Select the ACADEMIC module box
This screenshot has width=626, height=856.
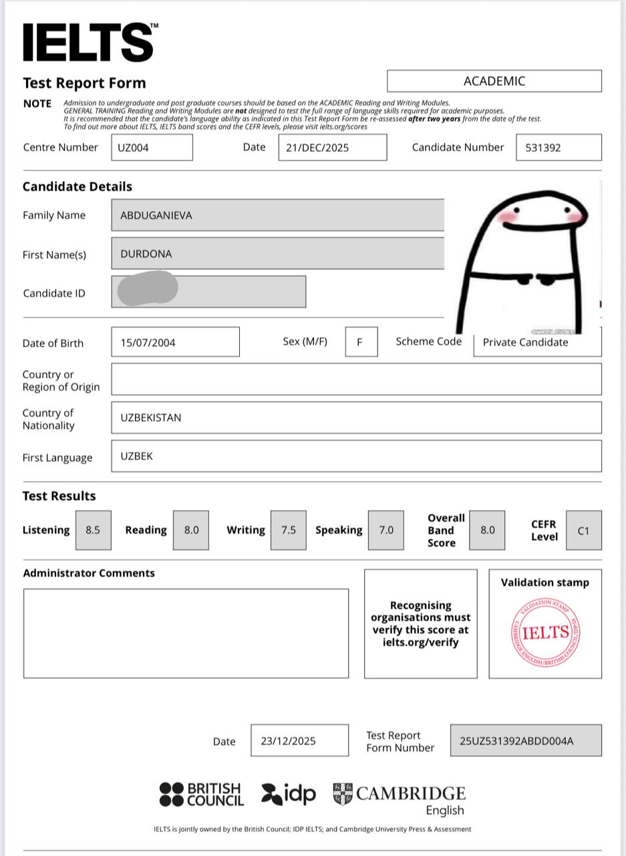coord(494,81)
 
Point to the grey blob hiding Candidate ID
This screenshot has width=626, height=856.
coord(148,289)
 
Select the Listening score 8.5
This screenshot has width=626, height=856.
coord(93,530)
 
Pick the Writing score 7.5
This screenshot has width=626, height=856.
coord(288,530)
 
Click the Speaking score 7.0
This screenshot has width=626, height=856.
coord(386,530)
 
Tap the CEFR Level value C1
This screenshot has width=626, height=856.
coord(583,530)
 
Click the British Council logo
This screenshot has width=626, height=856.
coord(201,794)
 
